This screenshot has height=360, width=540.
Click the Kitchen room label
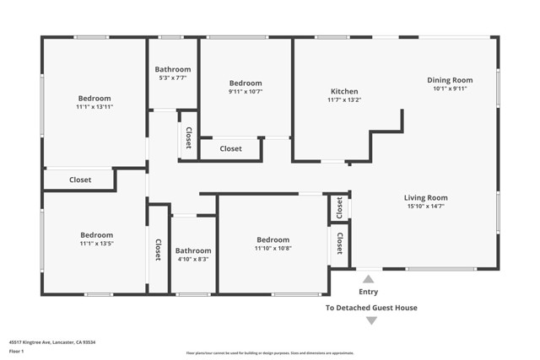pos(343,91)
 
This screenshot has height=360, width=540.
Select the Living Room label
pos(425,198)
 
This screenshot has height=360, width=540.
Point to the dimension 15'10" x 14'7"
pos(425,207)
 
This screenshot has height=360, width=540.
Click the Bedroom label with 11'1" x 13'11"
pos(94,99)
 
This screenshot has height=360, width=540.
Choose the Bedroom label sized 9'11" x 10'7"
pos(246,83)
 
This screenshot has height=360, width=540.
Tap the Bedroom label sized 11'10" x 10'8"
pos(273,239)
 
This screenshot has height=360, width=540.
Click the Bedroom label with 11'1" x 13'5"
pos(96,235)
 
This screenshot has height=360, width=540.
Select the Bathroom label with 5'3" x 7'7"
pos(173,69)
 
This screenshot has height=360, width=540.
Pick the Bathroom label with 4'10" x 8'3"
pos(193,250)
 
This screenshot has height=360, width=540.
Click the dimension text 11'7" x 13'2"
pos(343,100)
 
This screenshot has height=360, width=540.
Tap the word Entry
pos(369,292)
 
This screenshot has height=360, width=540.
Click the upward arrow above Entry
pos(369,278)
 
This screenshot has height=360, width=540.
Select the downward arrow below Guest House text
pos(371,321)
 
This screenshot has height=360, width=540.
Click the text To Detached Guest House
pos(371,308)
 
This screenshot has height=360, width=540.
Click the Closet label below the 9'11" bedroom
pos(231,149)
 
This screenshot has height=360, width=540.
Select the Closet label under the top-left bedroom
pos(80,180)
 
